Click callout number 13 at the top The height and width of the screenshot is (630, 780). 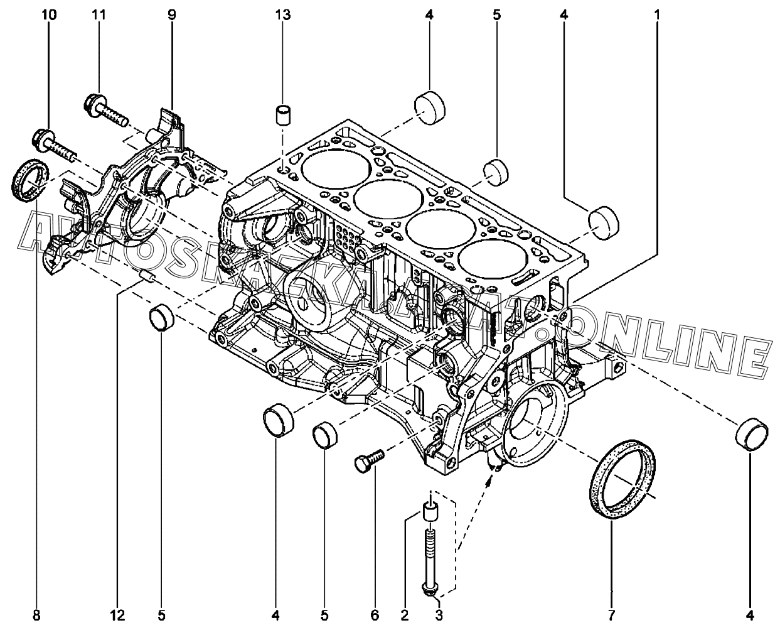point(284,13)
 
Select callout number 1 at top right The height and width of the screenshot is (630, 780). point(657,13)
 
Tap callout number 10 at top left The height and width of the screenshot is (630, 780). point(48,13)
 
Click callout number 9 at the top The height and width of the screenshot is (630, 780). point(171,13)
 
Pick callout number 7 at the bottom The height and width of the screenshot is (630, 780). point(612,616)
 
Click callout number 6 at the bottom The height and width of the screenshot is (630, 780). point(375,616)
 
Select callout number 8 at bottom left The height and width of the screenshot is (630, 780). point(36,616)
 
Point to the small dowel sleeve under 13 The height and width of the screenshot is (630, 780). point(284,116)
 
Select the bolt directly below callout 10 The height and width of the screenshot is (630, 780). point(54,142)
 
